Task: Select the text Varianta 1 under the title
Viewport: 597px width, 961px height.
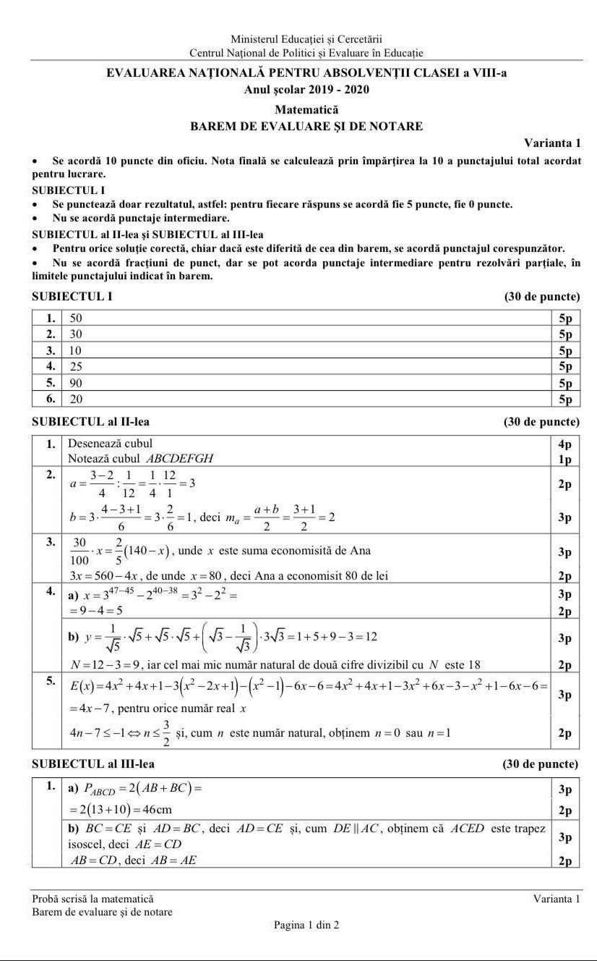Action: [x=552, y=143]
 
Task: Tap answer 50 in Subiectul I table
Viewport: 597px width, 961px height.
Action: [x=76, y=318]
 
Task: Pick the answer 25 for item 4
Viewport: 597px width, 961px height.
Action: [x=76, y=367]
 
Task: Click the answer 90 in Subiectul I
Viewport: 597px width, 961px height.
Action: [x=76, y=383]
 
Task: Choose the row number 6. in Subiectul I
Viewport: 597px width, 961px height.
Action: [x=51, y=399]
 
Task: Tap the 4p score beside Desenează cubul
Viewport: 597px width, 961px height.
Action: [x=565, y=444]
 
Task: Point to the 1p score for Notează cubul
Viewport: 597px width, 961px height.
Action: [x=565, y=459]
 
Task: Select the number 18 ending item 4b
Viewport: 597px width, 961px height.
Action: [x=474, y=664]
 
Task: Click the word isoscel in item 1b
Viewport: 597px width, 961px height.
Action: [x=86, y=844]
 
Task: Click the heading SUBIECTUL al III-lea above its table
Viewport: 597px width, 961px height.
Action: [x=93, y=763]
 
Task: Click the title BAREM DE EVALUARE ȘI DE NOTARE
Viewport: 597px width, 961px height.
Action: [x=306, y=126]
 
